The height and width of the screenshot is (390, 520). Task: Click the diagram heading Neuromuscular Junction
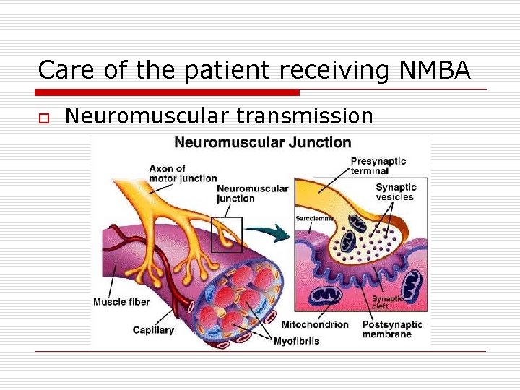coord(263,143)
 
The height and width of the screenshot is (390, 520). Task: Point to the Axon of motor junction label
coord(183,173)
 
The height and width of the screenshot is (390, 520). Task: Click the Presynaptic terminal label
coord(378,166)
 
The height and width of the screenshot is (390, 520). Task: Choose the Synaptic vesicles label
coord(395,192)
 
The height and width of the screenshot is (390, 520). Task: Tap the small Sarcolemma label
coord(313,218)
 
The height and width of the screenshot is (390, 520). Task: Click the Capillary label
coord(153,329)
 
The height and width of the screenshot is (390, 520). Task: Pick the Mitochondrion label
coord(314,324)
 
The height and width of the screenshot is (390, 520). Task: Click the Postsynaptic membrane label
coord(392,329)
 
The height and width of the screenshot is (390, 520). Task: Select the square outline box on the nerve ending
coord(226,234)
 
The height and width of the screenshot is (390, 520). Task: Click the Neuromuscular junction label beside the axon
coord(252,194)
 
